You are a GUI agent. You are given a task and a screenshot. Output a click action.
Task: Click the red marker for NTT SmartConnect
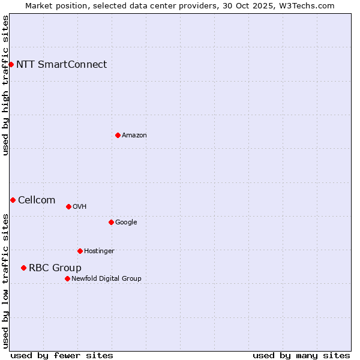tap(11, 64)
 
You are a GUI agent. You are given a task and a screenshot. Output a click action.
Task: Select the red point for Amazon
tap(118, 135)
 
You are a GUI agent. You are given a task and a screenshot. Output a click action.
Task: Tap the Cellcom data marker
tap(13, 200)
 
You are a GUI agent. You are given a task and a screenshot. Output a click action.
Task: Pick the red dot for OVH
tap(68, 206)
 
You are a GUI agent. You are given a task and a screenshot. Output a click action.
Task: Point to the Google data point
tap(111, 222)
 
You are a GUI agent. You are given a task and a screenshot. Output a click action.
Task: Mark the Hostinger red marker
tap(80, 251)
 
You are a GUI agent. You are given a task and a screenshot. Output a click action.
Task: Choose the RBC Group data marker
tap(23, 268)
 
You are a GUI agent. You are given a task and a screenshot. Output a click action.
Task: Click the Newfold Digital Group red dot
tap(67, 278)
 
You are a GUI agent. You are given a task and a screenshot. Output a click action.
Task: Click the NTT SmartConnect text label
tap(61, 64)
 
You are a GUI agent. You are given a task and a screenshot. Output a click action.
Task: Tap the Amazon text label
tap(134, 135)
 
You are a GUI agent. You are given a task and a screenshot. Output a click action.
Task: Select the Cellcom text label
tap(37, 200)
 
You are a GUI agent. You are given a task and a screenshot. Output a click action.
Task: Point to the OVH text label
tap(79, 206)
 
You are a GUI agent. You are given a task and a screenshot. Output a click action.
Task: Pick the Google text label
tap(126, 222)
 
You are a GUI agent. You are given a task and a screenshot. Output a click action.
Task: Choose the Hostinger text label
tap(99, 251)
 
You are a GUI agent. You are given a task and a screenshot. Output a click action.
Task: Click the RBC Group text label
tap(55, 268)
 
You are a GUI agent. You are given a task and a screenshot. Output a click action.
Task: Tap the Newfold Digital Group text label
tap(106, 278)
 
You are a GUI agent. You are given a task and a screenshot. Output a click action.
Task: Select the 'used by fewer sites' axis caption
tap(62, 355)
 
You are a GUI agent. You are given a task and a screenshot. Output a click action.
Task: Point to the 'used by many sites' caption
tap(301, 355)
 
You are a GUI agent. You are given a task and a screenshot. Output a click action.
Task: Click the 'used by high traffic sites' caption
tap(5, 85)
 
